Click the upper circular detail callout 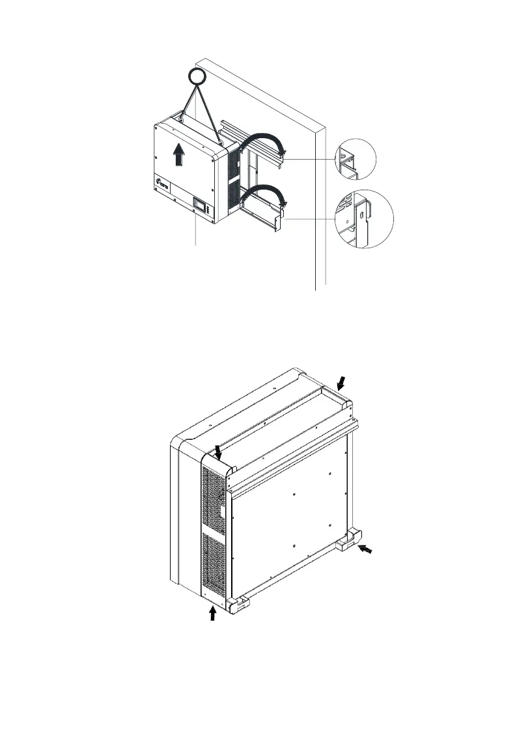coord(356,160)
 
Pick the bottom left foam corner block coord(240,605)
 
